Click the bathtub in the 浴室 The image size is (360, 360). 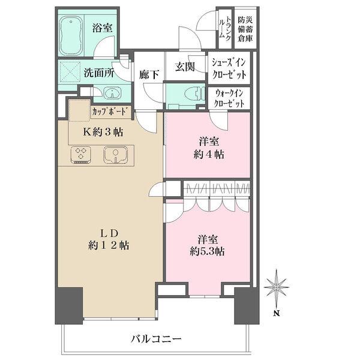[71, 35]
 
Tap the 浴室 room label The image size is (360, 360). [103, 28]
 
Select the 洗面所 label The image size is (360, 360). [98, 73]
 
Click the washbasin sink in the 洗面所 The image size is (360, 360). [113, 93]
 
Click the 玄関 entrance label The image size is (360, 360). [185, 67]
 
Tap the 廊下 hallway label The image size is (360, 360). [149, 74]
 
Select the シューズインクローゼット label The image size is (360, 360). [229, 68]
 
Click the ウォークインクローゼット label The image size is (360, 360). [229, 98]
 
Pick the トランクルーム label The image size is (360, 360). [225, 28]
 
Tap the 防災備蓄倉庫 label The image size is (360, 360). [245, 29]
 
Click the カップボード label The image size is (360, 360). [110, 112]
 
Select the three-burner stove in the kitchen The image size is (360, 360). [80, 155]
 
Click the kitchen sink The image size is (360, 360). [115, 155]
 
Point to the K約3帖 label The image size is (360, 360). [103, 132]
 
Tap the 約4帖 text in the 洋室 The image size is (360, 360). [209, 155]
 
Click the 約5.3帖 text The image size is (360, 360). [207, 252]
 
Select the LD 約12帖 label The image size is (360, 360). [109, 239]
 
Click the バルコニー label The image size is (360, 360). [156, 339]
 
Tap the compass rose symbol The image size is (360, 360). [277, 287]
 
